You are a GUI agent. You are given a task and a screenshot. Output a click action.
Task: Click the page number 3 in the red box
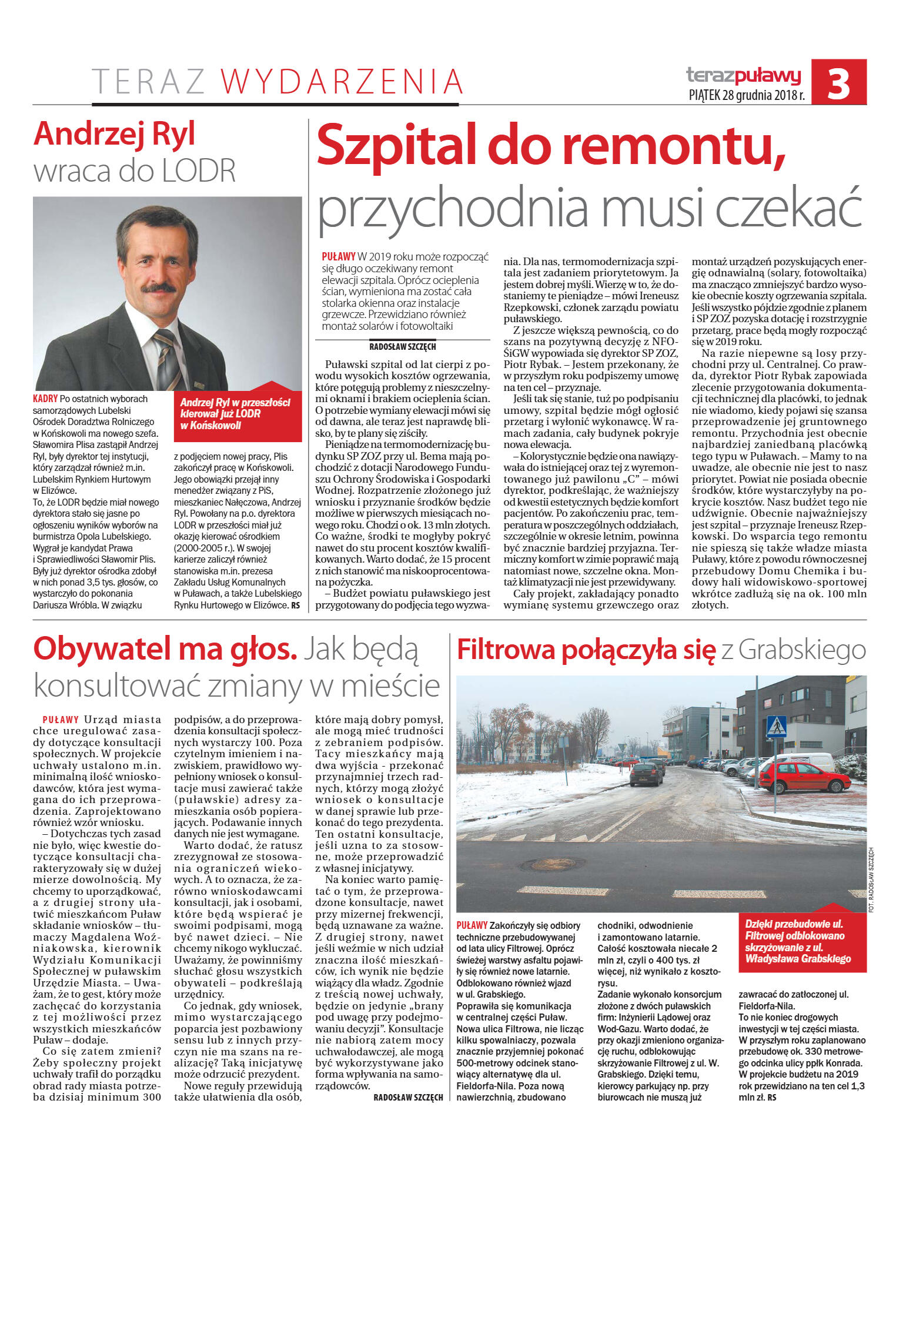(x=838, y=83)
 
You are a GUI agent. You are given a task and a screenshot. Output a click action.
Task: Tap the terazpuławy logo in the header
(x=743, y=75)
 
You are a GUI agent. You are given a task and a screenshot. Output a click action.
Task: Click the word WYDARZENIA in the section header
(x=342, y=82)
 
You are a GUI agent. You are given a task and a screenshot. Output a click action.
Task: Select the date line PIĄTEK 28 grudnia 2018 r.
(x=746, y=95)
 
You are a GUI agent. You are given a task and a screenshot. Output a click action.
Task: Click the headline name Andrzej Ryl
(x=115, y=134)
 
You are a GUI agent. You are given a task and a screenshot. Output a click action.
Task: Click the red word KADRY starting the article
(x=45, y=399)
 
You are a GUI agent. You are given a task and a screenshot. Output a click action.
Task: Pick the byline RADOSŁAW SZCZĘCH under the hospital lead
(x=403, y=347)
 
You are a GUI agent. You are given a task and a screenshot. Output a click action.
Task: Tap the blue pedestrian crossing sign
(x=777, y=726)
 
